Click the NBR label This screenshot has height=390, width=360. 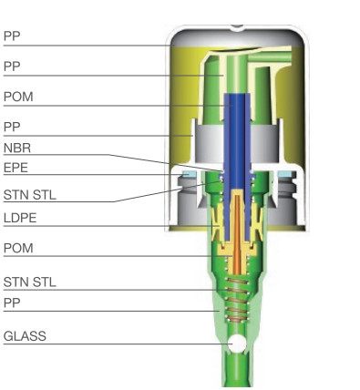(15, 148)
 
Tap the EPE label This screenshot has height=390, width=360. (15, 167)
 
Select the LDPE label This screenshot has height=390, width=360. (19, 218)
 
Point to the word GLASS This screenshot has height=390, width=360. (25, 336)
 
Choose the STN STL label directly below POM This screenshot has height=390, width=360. (30, 282)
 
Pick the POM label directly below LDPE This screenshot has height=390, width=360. (18, 248)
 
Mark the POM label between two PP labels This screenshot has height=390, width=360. (18, 97)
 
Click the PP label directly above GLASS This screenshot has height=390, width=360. (12, 302)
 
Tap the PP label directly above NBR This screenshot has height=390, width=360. (12, 127)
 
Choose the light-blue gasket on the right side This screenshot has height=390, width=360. (288, 174)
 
